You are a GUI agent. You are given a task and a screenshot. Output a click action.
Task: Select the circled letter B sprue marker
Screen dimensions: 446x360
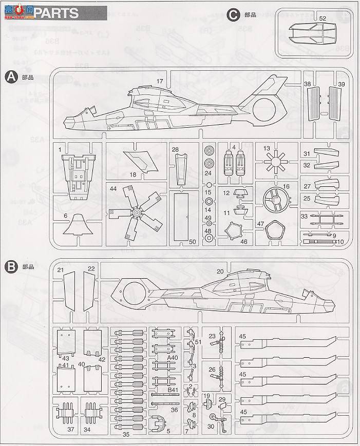click(x=10, y=266)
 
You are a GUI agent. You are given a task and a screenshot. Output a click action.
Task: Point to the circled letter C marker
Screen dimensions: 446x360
click(x=234, y=15)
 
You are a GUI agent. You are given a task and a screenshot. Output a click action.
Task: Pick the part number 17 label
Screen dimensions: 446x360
click(x=160, y=81)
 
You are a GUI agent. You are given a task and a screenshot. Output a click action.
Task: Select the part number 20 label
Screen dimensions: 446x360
click(x=220, y=271)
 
